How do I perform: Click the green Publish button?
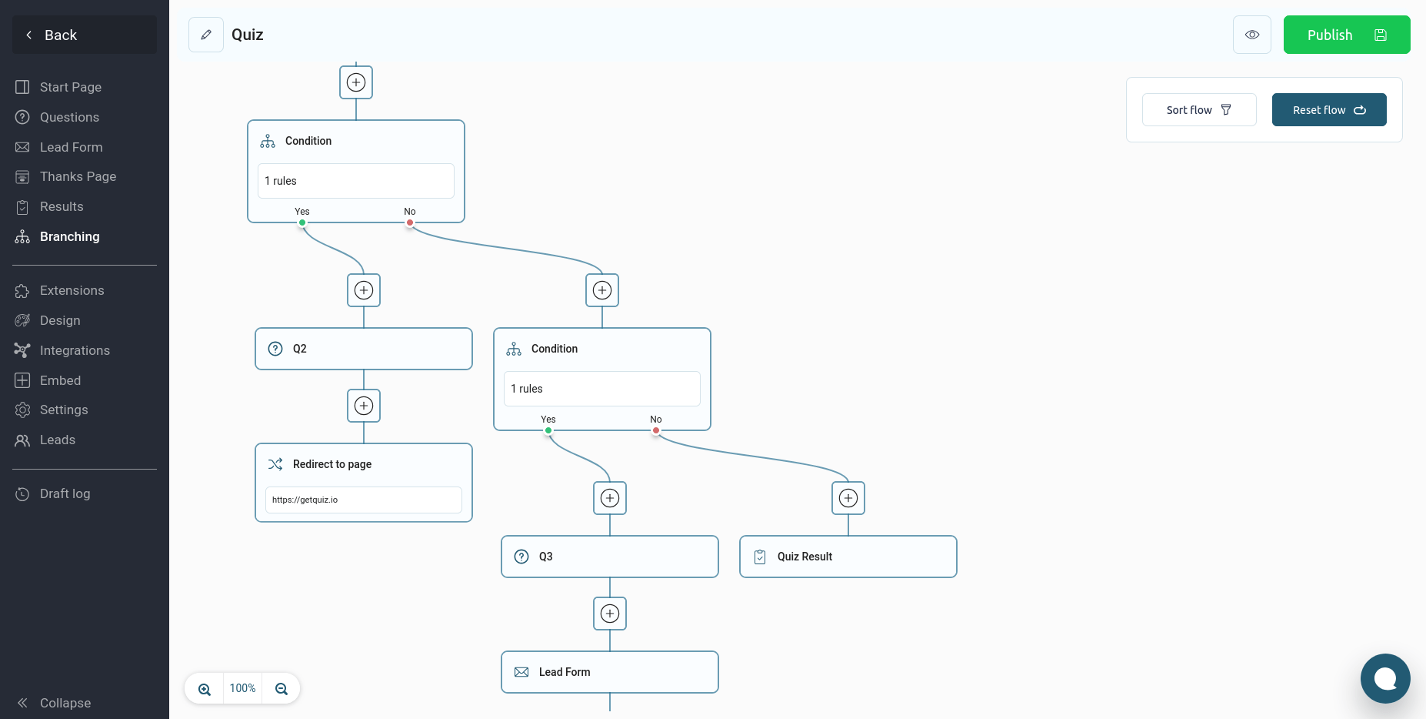pyautogui.click(x=1346, y=35)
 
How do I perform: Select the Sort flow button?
pyautogui.click(x=1199, y=110)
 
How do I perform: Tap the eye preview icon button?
pyautogui.click(x=1252, y=35)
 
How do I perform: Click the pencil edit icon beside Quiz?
pyautogui.click(x=206, y=35)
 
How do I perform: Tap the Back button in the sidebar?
pyautogui.click(x=85, y=35)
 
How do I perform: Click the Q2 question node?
pyautogui.click(x=364, y=349)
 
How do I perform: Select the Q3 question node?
pyautogui.click(x=610, y=557)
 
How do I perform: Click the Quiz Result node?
pyautogui.click(x=848, y=557)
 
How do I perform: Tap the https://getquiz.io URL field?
pyautogui.click(x=364, y=500)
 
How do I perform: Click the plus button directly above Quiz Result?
pyautogui.click(x=848, y=498)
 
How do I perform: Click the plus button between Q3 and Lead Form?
pyautogui.click(x=610, y=614)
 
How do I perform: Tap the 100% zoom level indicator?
pyautogui.click(x=242, y=688)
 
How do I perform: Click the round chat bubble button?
pyautogui.click(x=1385, y=678)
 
